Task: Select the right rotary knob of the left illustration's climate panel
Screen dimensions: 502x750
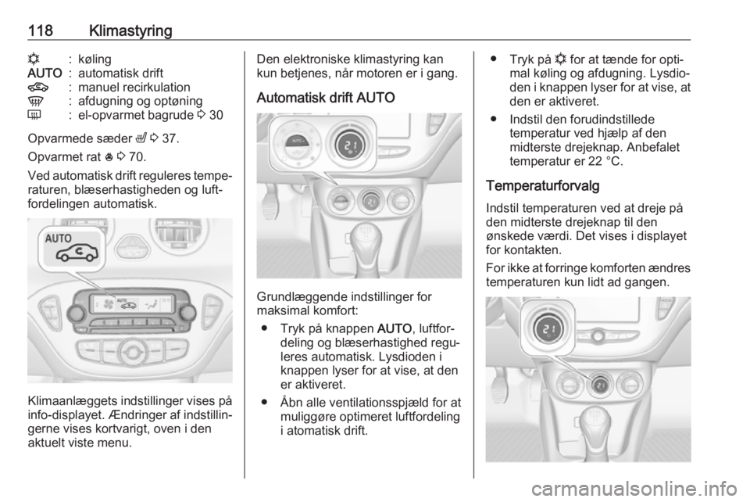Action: click(x=187, y=313)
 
